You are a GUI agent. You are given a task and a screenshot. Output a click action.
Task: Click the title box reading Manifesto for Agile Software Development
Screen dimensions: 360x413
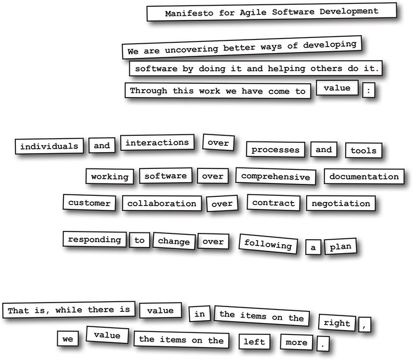coord(272,12)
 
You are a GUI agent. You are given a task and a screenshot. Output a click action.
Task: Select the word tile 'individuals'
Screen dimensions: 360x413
coord(49,146)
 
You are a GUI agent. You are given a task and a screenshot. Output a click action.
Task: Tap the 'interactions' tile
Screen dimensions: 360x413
coord(158,143)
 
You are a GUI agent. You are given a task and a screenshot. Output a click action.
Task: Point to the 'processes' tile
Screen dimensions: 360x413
coord(275,150)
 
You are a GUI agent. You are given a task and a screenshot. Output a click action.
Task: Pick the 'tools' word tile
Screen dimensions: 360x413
coord(363,151)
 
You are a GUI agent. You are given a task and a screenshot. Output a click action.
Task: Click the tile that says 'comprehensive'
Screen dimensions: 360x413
coord(275,176)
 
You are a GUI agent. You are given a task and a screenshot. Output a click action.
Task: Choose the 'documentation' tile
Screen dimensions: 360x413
coord(364,177)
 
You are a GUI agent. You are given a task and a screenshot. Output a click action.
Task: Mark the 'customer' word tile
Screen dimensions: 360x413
coord(89,203)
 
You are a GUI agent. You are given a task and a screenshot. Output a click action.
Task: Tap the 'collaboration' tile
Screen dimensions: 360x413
coord(162,204)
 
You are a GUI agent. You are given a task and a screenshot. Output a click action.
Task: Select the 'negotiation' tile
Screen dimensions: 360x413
coord(341,204)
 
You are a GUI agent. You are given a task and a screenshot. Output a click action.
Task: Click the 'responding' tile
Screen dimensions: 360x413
coord(94,239)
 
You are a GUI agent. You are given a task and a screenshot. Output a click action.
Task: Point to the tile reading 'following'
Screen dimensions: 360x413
coord(268,244)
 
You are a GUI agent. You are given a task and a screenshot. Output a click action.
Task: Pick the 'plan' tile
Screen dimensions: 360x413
coord(340,247)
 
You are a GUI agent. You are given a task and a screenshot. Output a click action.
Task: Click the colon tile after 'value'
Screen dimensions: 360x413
coord(369,90)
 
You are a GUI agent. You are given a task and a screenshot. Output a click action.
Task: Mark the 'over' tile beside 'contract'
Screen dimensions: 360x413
coord(222,204)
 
